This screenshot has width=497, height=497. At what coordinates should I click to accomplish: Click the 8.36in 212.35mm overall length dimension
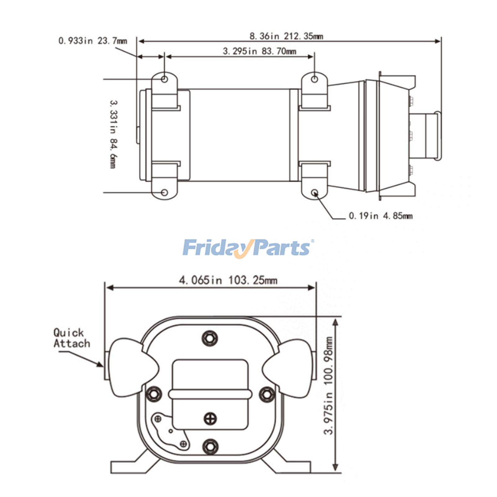point(286,36)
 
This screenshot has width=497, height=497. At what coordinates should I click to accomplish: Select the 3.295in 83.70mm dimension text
point(259,51)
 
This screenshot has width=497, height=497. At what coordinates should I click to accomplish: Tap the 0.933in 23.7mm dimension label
point(93,41)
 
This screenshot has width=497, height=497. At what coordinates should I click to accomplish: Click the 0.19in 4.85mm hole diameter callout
point(381,216)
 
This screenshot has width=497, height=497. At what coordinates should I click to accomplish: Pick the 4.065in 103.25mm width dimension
point(228,280)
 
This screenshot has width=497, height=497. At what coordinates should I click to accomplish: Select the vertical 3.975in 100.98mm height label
point(328,385)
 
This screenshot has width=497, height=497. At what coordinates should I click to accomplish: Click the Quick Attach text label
point(71,338)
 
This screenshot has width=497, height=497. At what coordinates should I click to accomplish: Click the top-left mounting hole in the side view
point(165,79)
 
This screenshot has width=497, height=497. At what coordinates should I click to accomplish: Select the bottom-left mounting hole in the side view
point(165,193)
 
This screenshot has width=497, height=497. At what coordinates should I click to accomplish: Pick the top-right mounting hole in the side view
point(314,79)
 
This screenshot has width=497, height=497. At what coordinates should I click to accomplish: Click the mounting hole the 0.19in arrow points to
point(314,193)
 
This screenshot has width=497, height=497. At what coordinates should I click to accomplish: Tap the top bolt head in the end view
point(210,338)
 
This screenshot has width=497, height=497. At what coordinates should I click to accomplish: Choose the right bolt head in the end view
point(267,394)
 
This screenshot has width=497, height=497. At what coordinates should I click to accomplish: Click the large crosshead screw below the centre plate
point(210,419)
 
